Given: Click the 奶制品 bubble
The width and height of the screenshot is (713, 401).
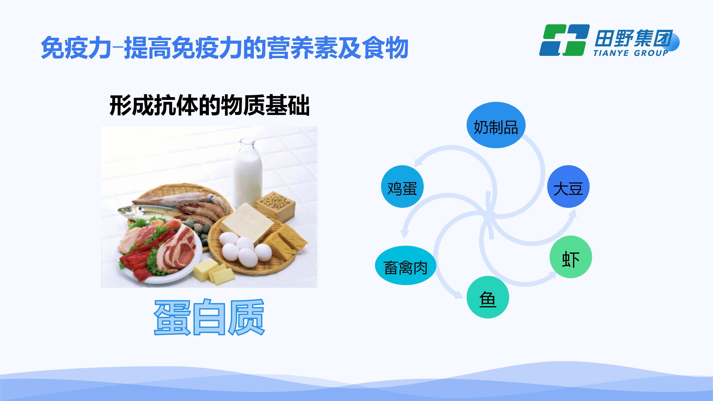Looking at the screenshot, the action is click(496, 125).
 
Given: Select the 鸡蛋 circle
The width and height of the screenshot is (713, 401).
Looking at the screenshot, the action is click(402, 187).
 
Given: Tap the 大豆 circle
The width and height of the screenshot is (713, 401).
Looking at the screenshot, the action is click(569, 187).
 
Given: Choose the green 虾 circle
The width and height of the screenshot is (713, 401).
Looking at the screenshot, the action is click(571, 257).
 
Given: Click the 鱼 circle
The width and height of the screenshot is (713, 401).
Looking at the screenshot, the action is click(488, 297).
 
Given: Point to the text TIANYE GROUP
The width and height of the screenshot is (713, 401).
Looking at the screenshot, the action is click(631, 53).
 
